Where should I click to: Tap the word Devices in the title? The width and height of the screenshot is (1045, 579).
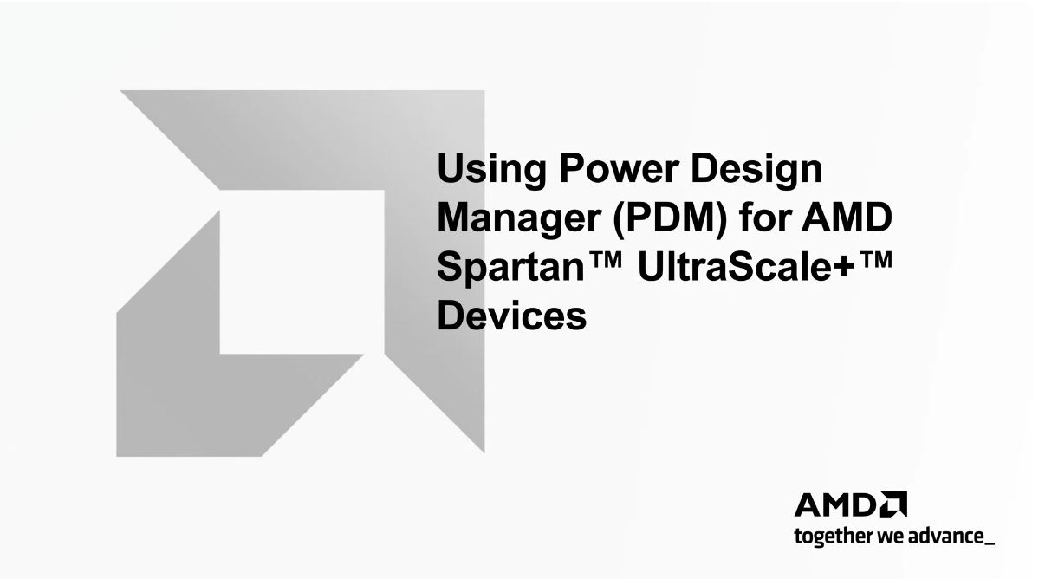[x=511, y=315]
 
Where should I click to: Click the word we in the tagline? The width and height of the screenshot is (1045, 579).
[x=892, y=537]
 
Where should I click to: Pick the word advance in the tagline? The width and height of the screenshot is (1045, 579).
[x=946, y=537]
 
